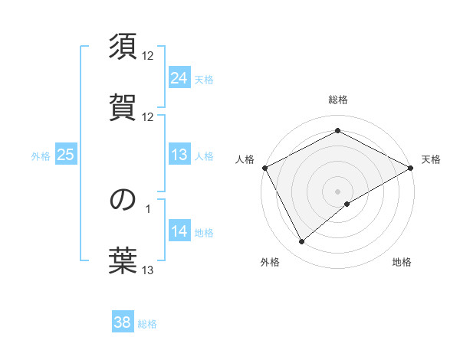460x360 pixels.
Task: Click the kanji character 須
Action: click(x=123, y=47)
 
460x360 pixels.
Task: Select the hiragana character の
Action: click(x=123, y=200)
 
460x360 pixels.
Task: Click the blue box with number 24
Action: click(x=179, y=78)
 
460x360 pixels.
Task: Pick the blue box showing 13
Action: click(x=179, y=155)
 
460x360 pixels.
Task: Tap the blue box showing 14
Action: click(x=179, y=231)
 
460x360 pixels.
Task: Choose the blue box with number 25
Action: click(x=66, y=155)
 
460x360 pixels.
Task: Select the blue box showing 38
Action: click(x=123, y=322)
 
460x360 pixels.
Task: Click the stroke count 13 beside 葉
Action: click(x=148, y=270)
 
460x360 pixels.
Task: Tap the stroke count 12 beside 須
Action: click(x=148, y=56)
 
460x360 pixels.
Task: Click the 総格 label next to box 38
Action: click(x=147, y=324)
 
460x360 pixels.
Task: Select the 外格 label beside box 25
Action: click(x=41, y=156)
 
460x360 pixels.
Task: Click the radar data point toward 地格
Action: click(x=347, y=204)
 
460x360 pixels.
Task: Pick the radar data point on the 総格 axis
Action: click(x=337, y=131)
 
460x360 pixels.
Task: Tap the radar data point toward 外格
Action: click(x=302, y=241)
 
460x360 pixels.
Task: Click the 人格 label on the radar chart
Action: click(x=245, y=159)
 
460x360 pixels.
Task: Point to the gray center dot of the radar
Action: click(x=337, y=191)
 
